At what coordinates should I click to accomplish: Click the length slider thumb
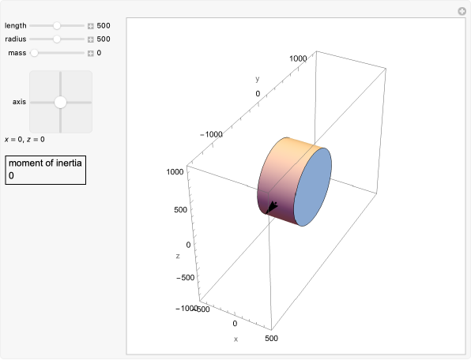pos(57,26)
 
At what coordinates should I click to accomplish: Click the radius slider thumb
pos(57,39)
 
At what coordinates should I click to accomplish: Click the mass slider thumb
pos(35,53)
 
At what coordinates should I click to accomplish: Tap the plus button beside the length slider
pos(90,26)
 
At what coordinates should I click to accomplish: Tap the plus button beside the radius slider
pos(90,39)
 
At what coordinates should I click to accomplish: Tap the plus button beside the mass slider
pos(90,54)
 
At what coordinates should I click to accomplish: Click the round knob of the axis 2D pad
pos(60,103)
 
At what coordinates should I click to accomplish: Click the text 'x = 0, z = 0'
pos(24,139)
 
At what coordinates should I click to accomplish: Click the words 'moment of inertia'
pos(45,163)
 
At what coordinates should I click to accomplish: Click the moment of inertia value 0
pos(11,175)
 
